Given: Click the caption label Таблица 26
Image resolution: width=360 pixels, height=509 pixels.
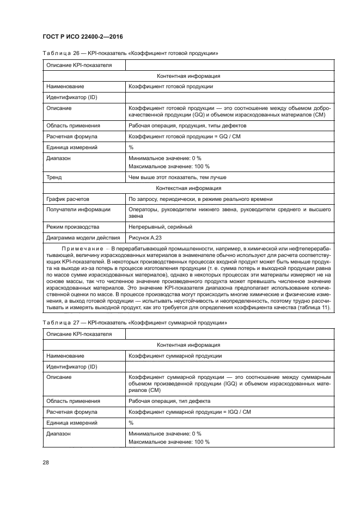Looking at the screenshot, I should coord(60,53).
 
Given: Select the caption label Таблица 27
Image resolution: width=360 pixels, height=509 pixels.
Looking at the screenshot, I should coord(60,323).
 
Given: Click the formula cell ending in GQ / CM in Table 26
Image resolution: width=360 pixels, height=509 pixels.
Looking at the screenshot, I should coord(184,136).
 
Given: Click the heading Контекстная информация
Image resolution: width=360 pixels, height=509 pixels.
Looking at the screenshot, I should coord(188,188).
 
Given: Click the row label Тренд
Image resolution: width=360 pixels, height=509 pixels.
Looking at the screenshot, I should coord(54,177).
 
